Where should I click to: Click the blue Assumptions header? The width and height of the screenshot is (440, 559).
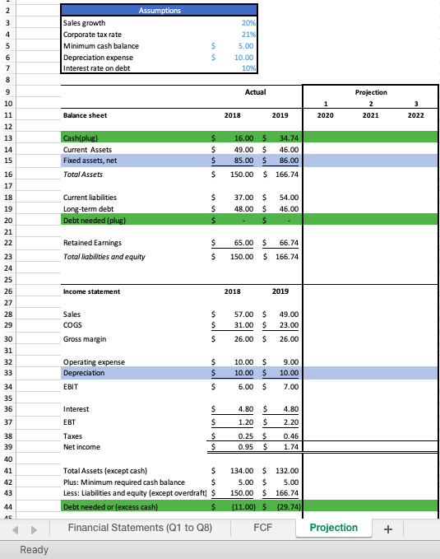click(159, 11)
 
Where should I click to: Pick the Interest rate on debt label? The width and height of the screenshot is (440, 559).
click(97, 68)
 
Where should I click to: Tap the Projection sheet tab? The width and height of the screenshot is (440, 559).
click(333, 528)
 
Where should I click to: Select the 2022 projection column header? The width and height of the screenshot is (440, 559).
click(417, 116)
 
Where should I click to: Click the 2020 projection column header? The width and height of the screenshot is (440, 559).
click(326, 116)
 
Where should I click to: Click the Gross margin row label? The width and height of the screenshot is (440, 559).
click(86, 338)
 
